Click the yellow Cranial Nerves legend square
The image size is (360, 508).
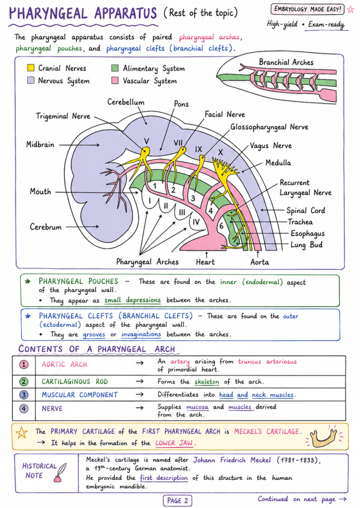click(31, 67)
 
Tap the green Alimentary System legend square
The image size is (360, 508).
click(115, 67)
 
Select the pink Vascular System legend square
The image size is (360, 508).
click(115, 80)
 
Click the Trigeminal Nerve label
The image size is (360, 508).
click(63, 116)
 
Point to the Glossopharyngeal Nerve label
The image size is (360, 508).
click(269, 127)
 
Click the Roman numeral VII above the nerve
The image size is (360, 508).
click(178, 142)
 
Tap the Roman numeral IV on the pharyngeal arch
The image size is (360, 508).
click(196, 222)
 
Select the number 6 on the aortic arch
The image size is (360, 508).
click(221, 226)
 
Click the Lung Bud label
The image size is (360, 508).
click(306, 245)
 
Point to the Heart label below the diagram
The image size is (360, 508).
click(205, 262)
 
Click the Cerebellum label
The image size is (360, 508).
click(126, 102)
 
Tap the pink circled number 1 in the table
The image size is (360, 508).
click(24, 365)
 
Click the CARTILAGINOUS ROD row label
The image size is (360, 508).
click(74, 381)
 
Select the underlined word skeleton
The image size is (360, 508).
click(207, 381)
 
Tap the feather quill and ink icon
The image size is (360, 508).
click(60, 473)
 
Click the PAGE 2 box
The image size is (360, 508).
click(177, 501)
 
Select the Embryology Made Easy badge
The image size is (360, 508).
click(307, 9)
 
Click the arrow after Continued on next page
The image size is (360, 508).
click(343, 499)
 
